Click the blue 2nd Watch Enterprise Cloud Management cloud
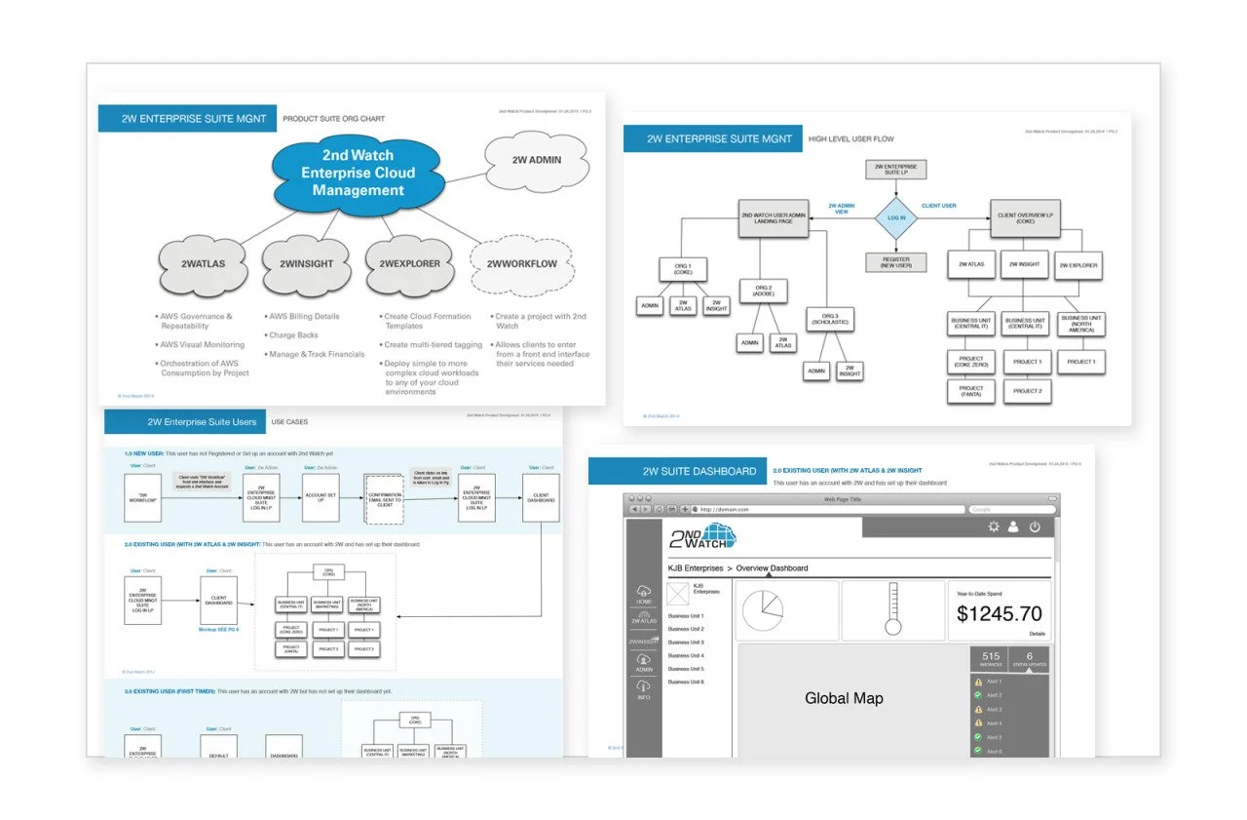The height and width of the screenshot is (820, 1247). coord(358,174)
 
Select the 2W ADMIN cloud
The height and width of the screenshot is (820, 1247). coord(537,160)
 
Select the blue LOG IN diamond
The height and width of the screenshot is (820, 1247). coord(895,218)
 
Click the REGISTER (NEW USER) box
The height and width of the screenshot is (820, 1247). coord(895,263)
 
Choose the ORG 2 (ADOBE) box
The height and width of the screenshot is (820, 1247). coord(763,292)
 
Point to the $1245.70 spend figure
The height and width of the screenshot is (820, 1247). coord(999,614)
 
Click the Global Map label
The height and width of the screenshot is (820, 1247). coord(844,698)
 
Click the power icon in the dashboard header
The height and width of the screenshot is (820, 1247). coord(1035,527)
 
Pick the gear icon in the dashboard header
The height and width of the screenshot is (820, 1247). coord(993,527)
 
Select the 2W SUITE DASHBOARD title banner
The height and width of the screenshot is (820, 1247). coord(699,472)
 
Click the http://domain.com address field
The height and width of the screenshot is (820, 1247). coord(828,509)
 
